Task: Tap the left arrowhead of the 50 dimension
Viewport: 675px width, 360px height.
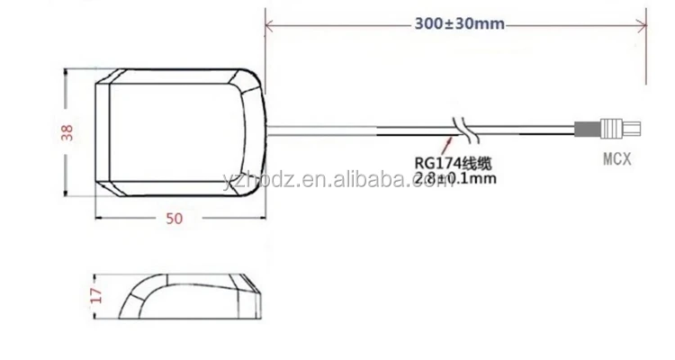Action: tap(96, 217)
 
